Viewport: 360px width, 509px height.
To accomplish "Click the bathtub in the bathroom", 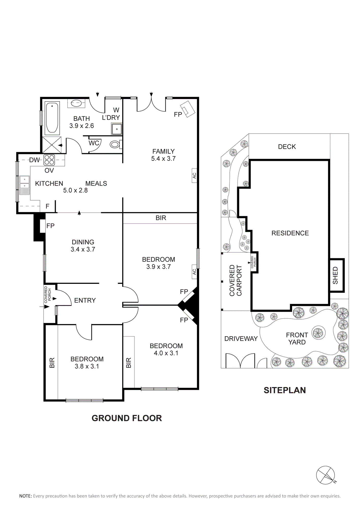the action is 52,118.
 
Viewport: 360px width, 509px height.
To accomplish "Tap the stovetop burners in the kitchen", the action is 49,160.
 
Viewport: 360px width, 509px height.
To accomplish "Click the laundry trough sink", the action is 117,129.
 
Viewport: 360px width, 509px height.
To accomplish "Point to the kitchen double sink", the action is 25,185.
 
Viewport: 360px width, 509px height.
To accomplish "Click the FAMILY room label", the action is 164,151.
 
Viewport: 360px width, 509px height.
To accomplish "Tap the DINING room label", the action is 83,242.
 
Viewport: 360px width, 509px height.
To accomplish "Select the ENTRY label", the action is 85,300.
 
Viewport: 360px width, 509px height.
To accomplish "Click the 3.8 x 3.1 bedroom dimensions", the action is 87,366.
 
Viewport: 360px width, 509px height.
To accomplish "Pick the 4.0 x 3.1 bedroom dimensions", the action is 166,353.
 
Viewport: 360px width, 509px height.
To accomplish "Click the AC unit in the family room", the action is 194,176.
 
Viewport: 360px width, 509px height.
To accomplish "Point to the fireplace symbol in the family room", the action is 188,109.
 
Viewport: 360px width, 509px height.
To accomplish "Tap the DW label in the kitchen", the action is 34,160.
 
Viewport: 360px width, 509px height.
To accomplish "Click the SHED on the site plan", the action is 337,275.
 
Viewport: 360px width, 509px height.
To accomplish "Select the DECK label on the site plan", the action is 287,147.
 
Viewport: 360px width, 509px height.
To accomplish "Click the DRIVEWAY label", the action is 241,339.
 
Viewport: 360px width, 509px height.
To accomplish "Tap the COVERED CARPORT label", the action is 236,280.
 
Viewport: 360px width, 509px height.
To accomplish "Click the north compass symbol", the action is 326,475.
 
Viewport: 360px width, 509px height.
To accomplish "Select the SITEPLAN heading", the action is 285,390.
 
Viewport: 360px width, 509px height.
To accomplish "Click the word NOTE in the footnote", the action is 25,496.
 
